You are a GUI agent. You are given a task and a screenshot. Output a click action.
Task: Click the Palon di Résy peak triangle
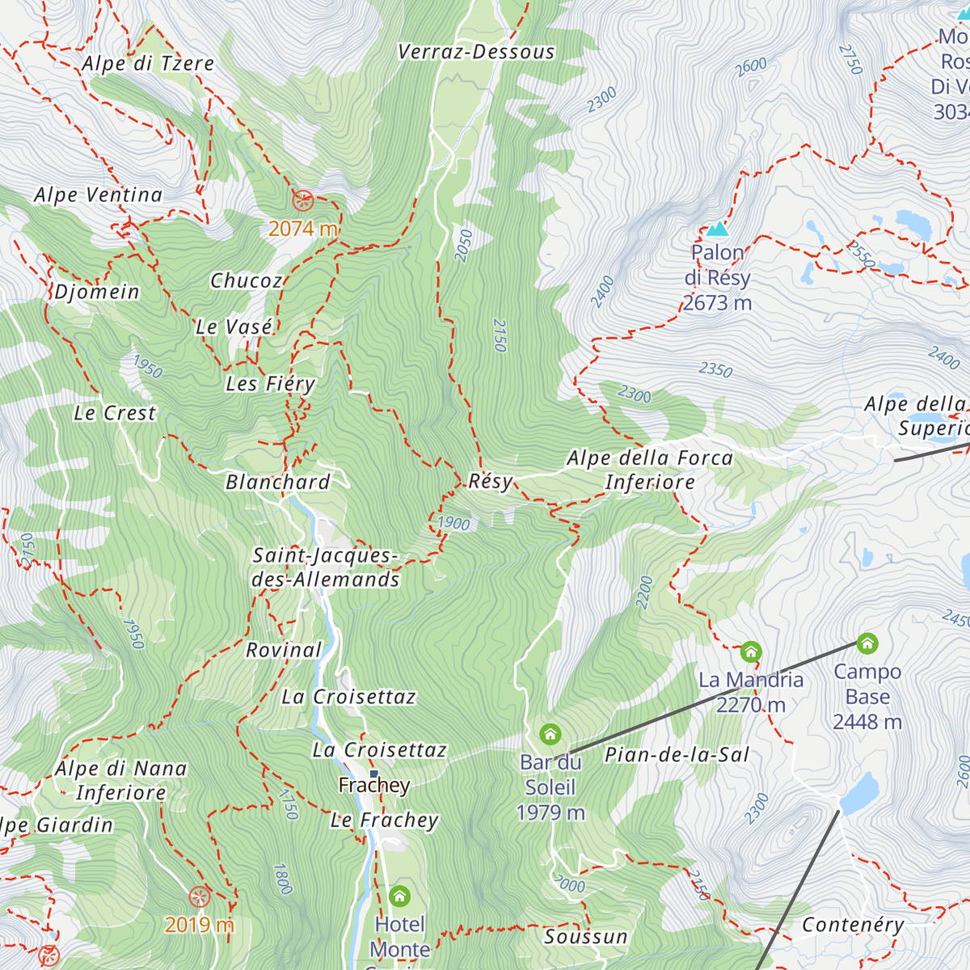coord(717,229)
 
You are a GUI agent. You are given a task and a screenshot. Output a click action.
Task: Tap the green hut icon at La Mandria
coord(751,652)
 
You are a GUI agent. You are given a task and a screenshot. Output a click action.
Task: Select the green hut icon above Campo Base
coord(867,643)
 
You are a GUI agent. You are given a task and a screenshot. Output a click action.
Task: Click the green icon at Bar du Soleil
coord(550,734)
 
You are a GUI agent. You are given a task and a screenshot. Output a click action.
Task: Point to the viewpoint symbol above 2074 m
coord(302,200)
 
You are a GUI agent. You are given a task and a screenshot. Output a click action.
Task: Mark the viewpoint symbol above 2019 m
coord(199,896)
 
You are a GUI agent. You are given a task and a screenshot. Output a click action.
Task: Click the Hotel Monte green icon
coord(399,896)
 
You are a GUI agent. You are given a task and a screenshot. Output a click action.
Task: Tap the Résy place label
coord(491,481)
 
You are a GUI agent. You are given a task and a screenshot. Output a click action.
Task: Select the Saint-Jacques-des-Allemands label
coord(326,567)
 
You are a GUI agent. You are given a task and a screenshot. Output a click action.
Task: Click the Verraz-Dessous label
coord(476,53)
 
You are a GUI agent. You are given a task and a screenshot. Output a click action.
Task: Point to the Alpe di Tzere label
coord(148,64)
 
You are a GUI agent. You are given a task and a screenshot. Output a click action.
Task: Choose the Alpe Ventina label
coord(99,195)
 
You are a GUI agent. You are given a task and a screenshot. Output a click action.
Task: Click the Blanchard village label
coord(278,483)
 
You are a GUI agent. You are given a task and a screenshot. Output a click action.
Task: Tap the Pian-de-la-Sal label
coord(677,755)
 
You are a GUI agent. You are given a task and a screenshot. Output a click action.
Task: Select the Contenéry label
coord(853,925)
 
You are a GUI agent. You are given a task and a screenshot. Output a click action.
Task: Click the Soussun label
coord(586,937)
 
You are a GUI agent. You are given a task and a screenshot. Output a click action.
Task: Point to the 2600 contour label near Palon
coord(751,67)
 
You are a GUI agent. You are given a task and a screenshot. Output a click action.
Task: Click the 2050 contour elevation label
coord(463,246)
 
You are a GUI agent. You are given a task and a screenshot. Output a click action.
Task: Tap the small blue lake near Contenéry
coord(859,792)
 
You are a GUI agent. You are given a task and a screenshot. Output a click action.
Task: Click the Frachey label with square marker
coord(374,785)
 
